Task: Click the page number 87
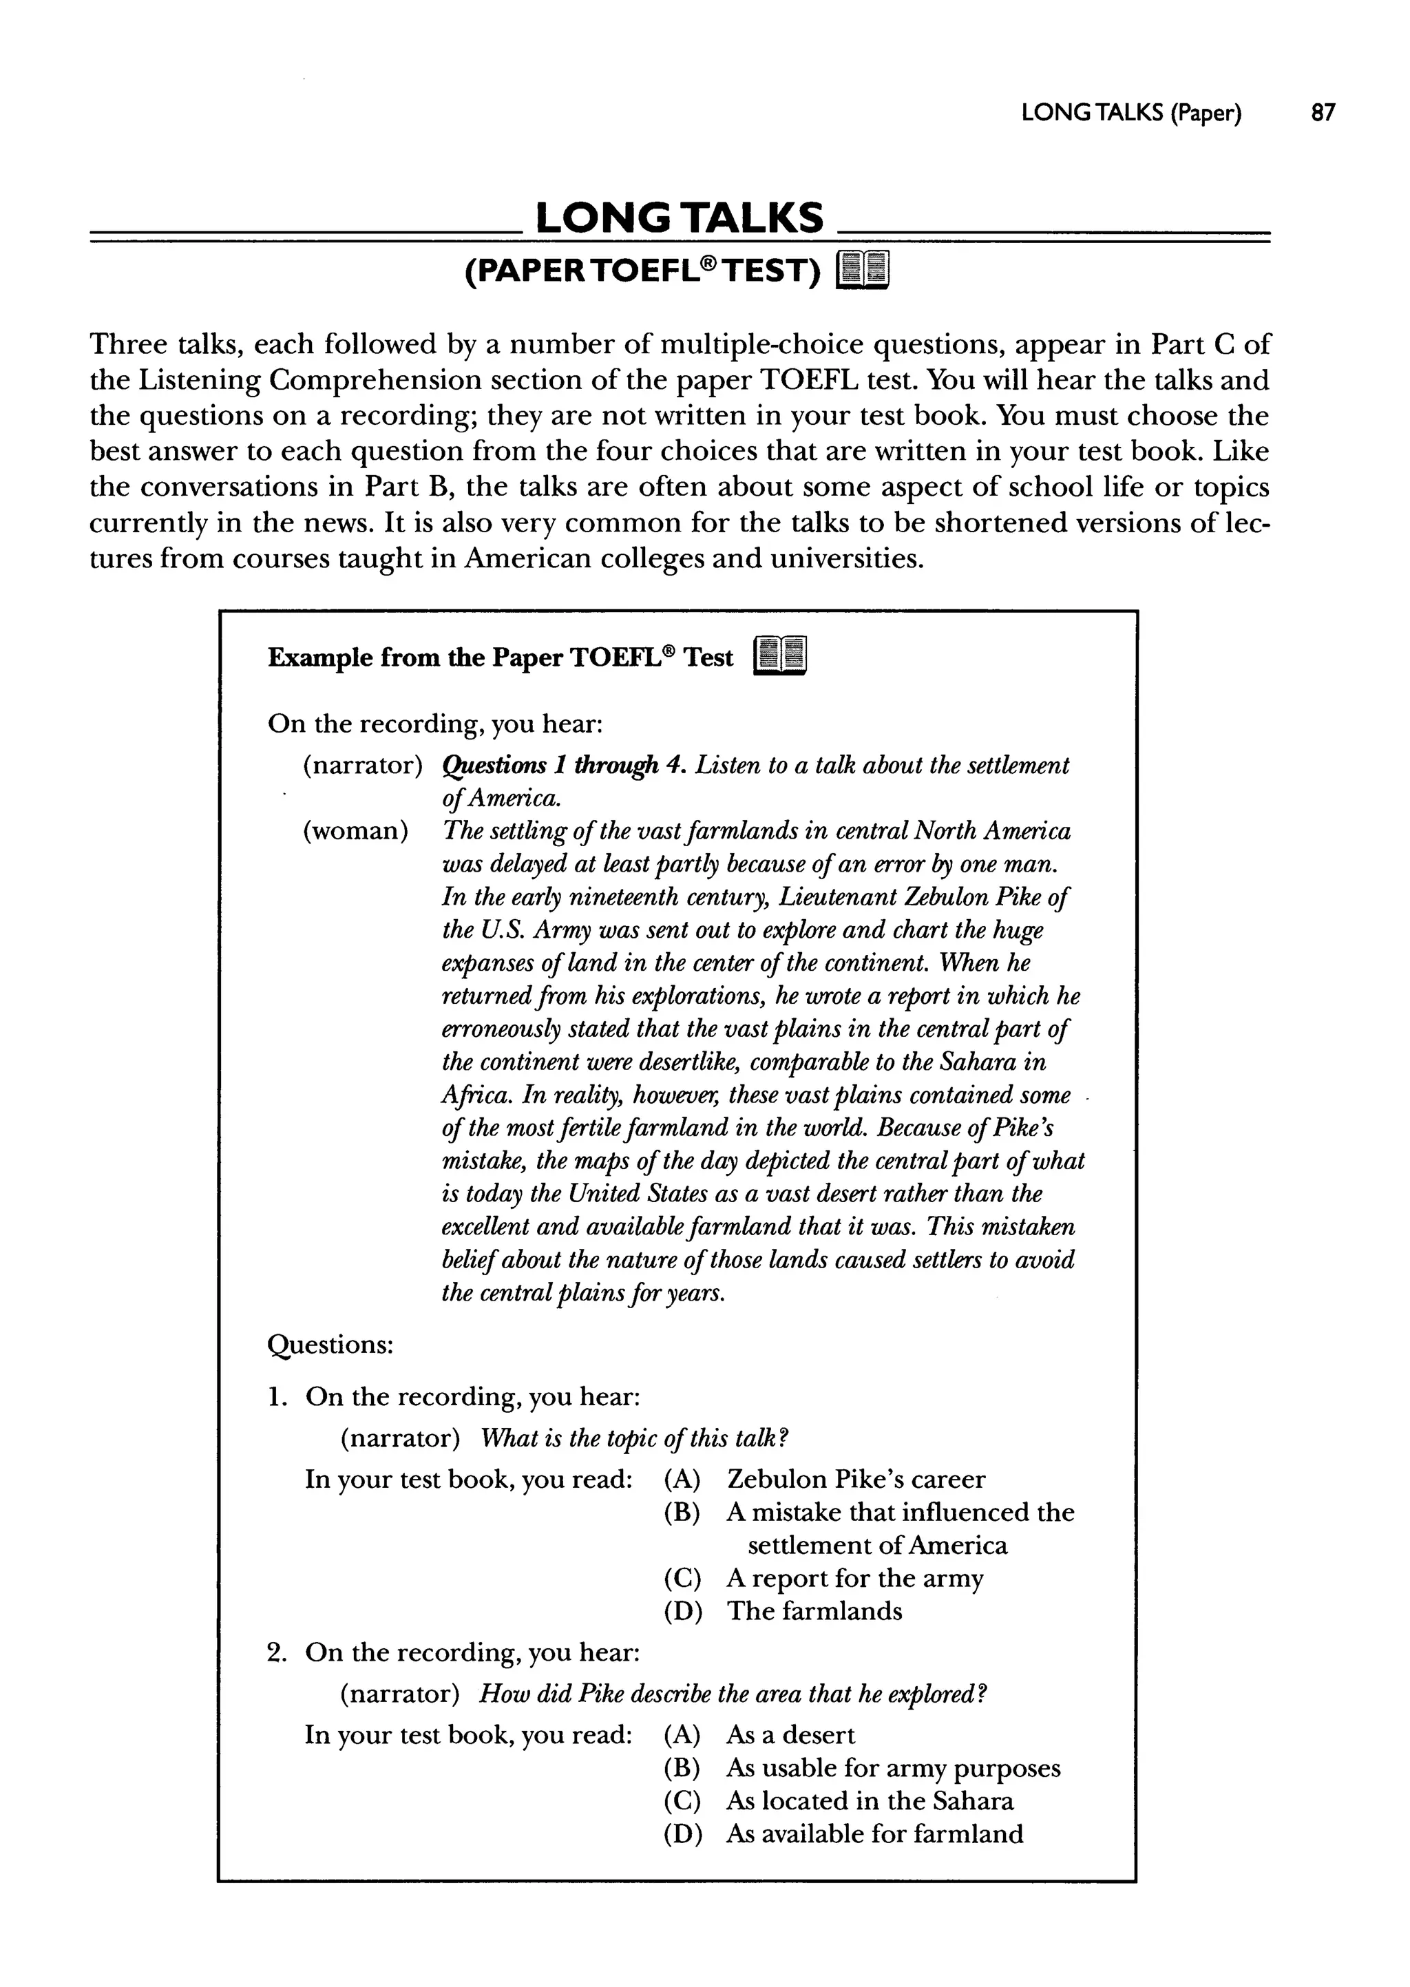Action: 1323,113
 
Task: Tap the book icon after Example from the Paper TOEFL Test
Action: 781,657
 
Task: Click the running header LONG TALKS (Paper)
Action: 1131,113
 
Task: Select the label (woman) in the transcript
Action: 355,831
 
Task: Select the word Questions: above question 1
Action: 330,1345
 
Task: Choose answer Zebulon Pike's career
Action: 856,1479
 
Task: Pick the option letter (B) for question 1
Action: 682,1512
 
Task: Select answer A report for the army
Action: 855,1578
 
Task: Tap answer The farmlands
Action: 814,1611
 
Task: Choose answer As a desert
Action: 791,1735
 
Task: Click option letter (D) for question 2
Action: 682,1834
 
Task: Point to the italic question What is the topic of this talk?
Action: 634,1438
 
